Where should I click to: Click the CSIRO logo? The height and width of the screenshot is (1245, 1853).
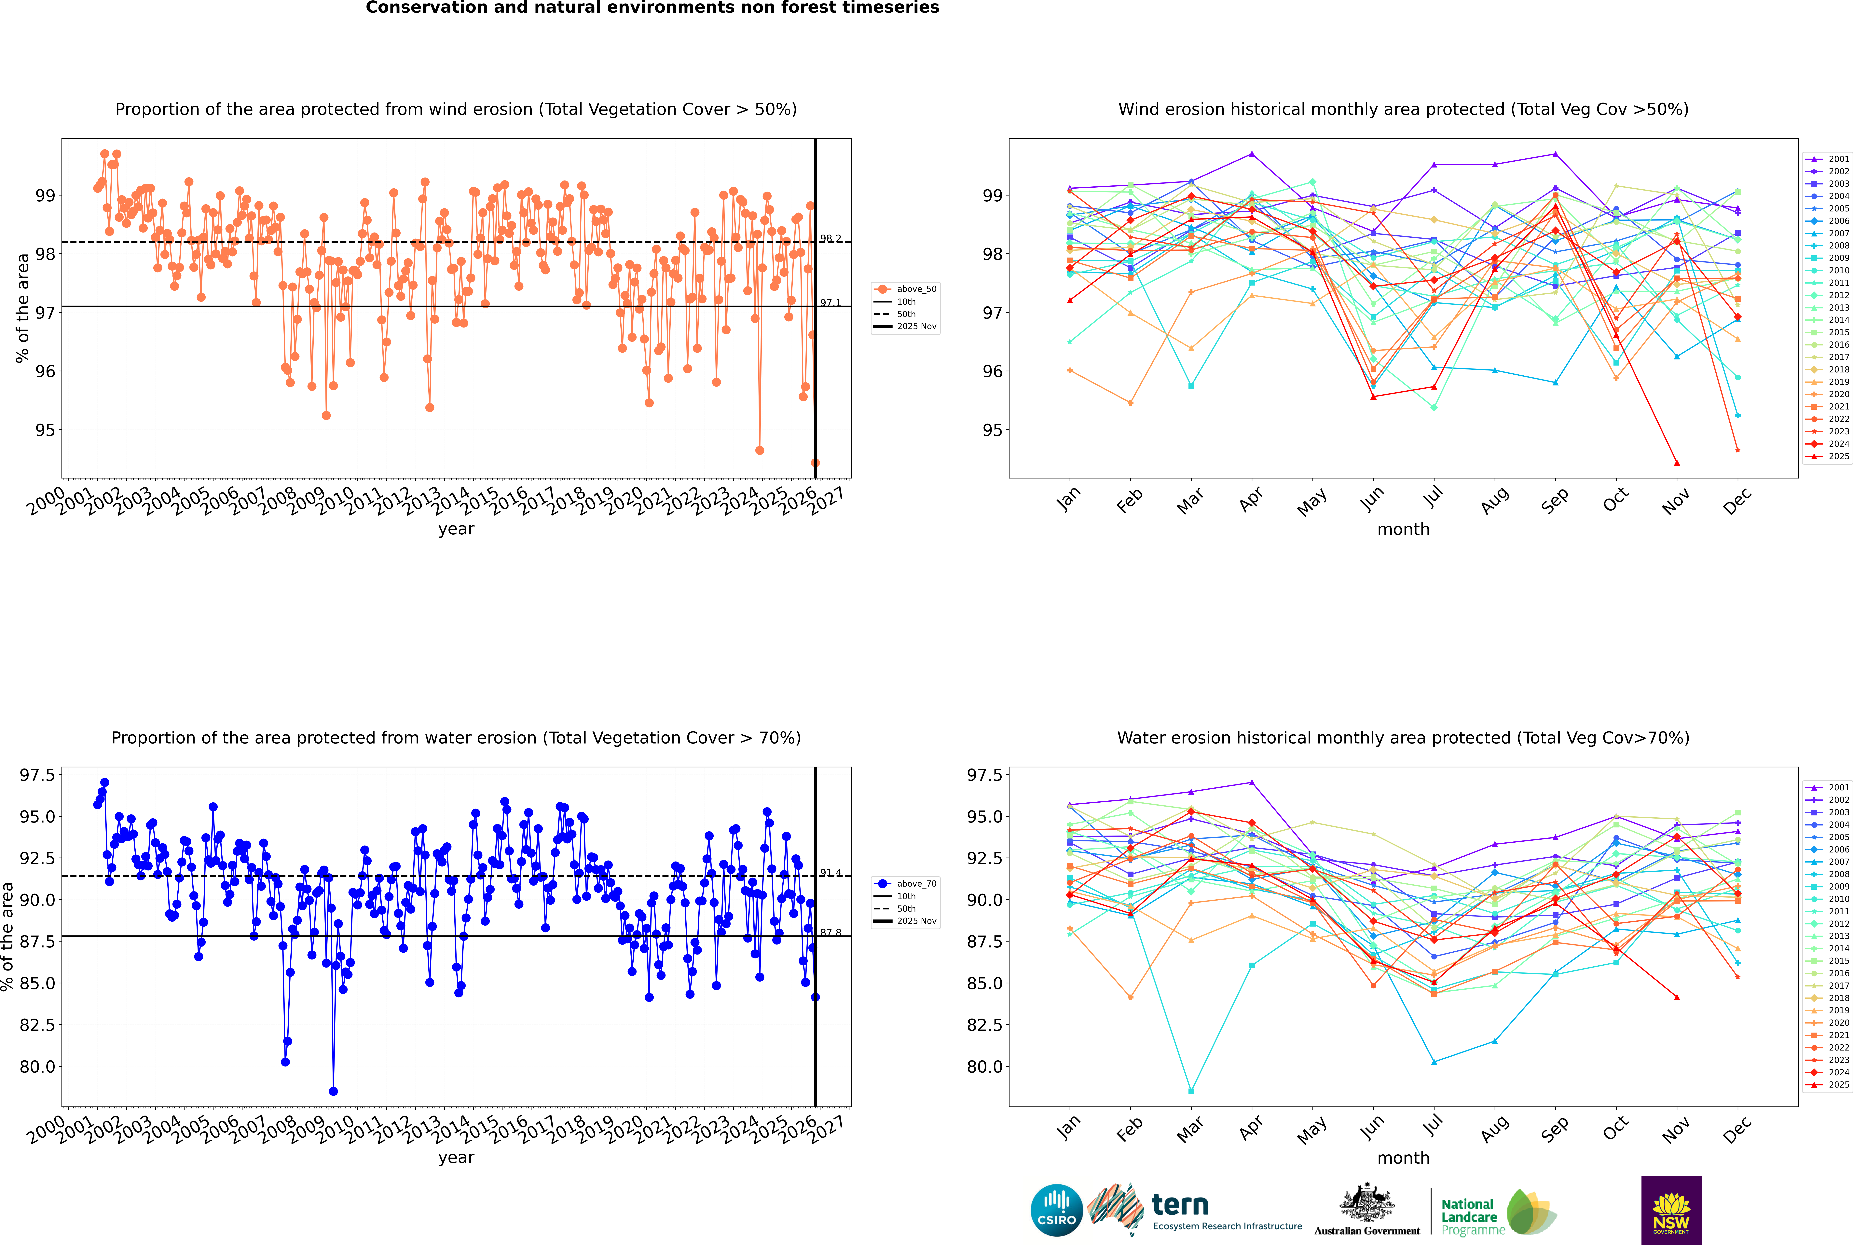click(x=1056, y=1210)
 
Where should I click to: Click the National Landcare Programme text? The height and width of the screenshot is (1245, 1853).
click(x=1469, y=1216)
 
